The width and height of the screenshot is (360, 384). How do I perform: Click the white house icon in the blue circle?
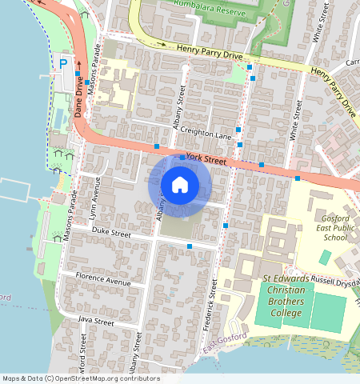(x=180, y=186)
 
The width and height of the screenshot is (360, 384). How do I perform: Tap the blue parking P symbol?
(x=62, y=63)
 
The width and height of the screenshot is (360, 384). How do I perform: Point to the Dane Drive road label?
(x=80, y=96)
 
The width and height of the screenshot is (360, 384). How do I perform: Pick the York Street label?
(x=206, y=159)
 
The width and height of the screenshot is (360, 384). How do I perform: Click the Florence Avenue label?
(x=102, y=282)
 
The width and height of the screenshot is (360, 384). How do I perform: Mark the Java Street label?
(x=96, y=321)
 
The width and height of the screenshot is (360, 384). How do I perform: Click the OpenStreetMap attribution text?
(x=81, y=378)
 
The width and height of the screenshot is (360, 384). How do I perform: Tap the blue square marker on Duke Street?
(x=189, y=246)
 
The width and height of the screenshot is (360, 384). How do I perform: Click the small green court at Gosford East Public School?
(x=325, y=258)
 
